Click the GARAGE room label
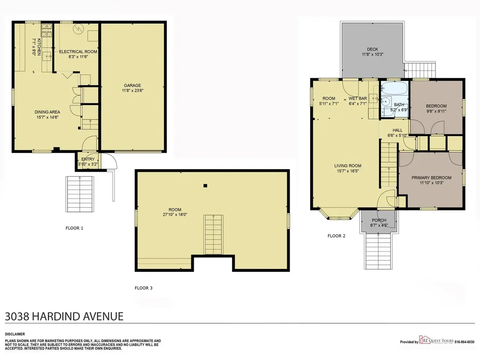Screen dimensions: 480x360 [x=132, y=85]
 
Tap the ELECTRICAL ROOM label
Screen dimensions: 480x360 [x=78, y=52]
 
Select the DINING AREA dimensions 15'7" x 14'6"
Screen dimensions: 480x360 [x=47, y=117]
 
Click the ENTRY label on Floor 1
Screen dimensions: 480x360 [x=88, y=159]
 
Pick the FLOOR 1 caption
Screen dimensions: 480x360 [x=75, y=228]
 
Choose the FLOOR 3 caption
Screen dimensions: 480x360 [x=143, y=288]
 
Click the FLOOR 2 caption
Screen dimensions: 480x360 [x=337, y=236]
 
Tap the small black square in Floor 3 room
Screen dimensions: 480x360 [x=205, y=186]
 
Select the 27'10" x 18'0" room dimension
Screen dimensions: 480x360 [x=175, y=215]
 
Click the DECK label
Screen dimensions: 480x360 [x=373, y=49]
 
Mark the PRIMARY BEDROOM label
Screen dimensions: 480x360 [x=431, y=178]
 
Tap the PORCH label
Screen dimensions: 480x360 [x=379, y=220]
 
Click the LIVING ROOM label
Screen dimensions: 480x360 [x=348, y=166]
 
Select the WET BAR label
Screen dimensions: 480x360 [x=358, y=98]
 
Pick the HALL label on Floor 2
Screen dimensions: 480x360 [x=397, y=130]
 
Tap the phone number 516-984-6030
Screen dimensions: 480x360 [x=465, y=342]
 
